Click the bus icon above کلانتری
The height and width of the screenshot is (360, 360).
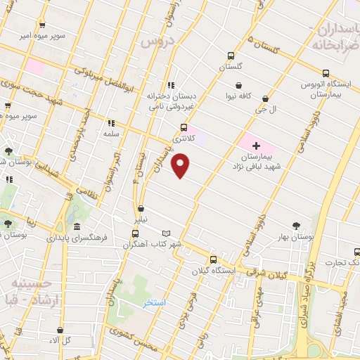coord(184,127)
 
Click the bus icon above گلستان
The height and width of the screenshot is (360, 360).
coord(230,56)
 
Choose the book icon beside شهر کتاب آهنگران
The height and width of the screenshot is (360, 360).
coord(166,233)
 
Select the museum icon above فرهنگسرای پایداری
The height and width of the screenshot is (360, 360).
coord(75,227)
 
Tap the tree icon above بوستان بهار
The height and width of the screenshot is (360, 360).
coord(295,226)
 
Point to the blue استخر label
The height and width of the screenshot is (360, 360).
coord(154,302)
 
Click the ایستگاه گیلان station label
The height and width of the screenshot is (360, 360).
coord(215,269)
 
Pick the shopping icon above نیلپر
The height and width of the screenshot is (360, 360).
coord(141,209)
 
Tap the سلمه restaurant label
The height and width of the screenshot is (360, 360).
coord(110,133)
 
